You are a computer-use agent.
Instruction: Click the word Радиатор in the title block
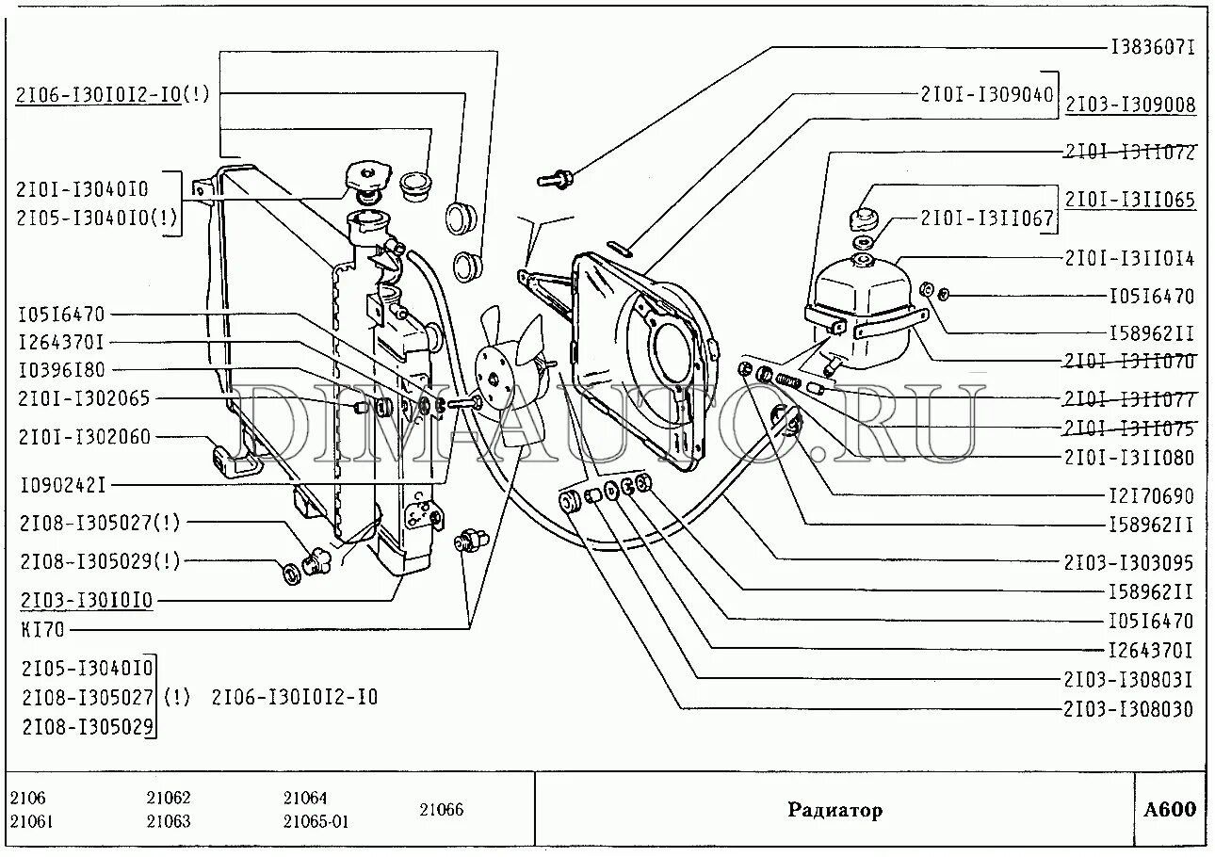click(835, 810)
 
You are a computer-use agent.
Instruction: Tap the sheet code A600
click(1169, 810)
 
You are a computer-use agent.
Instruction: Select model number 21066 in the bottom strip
click(441, 809)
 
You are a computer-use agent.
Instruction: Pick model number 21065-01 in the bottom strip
click(316, 821)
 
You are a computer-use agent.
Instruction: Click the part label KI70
click(41, 629)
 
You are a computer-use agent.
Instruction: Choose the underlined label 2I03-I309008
click(1130, 105)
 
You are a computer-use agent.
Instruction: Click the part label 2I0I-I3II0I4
click(1130, 257)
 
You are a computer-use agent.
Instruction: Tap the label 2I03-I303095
click(1130, 562)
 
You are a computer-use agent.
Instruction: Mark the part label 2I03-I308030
click(1130, 708)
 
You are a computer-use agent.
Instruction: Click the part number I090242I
click(62, 485)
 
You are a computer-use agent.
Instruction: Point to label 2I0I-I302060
click(83, 437)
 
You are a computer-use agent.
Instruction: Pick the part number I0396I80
click(61, 370)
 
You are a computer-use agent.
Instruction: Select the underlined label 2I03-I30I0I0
click(83, 600)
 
